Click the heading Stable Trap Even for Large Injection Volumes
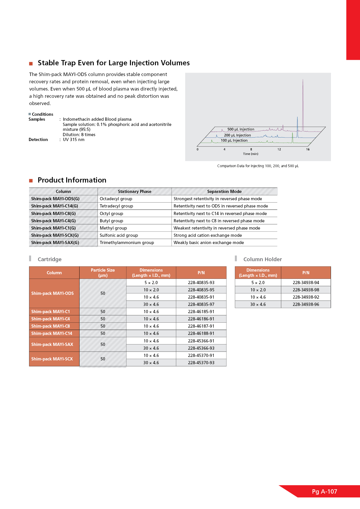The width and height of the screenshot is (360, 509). (x=114, y=63)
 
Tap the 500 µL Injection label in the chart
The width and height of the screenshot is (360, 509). (x=241, y=129)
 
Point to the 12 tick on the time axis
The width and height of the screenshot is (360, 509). (x=279, y=149)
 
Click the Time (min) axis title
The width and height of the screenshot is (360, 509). (x=251, y=154)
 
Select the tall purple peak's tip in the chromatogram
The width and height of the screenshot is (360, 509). (x=303, y=80)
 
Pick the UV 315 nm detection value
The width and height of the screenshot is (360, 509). (x=74, y=140)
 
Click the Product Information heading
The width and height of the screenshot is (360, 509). (x=72, y=180)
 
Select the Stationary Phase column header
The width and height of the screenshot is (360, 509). (x=134, y=192)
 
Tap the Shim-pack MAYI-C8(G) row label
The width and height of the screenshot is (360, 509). (x=53, y=214)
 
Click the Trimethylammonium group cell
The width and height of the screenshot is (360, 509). (x=127, y=243)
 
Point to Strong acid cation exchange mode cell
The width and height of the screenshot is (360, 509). (x=208, y=235)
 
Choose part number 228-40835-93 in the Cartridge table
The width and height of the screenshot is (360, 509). (x=201, y=283)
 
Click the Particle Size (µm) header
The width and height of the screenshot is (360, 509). (x=103, y=273)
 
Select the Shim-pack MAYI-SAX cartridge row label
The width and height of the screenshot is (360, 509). (x=52, y=344)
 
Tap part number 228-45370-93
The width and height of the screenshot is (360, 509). (x=201, y=363)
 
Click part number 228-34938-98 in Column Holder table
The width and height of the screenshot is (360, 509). (x=306, y=290)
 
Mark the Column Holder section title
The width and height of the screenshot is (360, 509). (x=262, y=259)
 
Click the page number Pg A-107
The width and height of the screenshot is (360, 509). (x=324, y=492)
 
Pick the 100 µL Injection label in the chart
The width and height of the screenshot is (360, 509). (x=234, y=140)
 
